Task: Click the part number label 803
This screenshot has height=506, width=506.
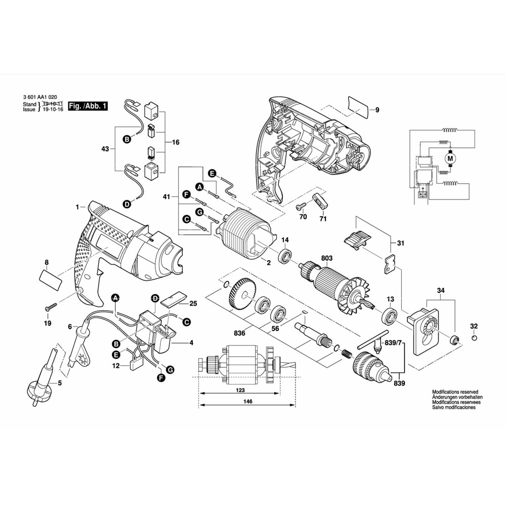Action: coord(326,258)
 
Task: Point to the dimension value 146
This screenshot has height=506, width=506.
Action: coord(247,401)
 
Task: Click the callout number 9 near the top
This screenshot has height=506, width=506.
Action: coord(376,110)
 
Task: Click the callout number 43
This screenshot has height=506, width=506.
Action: coord(105,149)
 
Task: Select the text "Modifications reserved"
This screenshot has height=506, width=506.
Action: coord(455,392)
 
